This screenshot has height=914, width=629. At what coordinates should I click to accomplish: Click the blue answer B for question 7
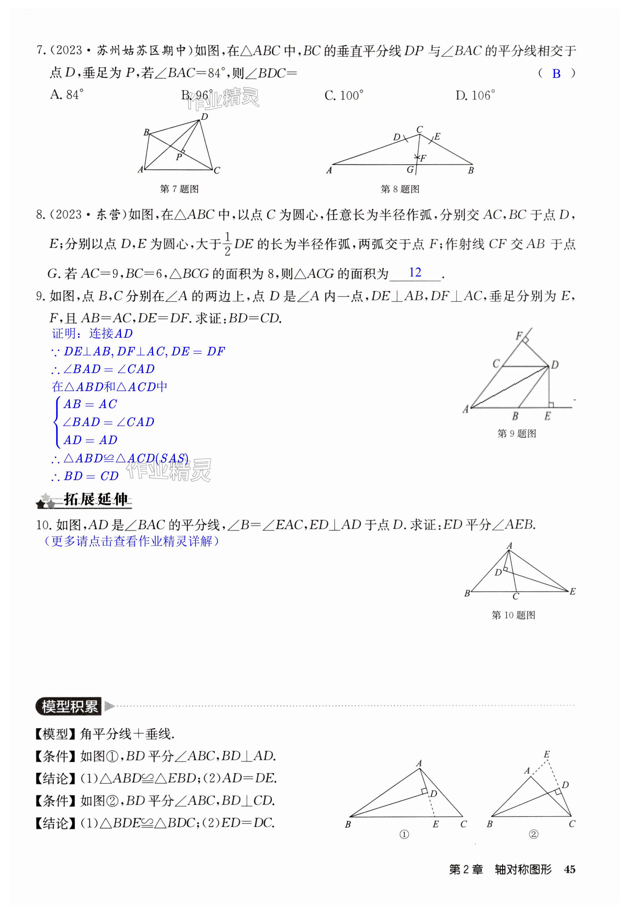click(556, 74)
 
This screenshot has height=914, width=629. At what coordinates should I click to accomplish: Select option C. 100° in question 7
click(344, 95)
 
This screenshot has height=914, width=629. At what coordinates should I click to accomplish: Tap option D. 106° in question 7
click(475, 95)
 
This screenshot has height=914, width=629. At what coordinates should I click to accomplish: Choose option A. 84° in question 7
click(67, 95)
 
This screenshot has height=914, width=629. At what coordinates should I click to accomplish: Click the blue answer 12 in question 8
click(415, 272)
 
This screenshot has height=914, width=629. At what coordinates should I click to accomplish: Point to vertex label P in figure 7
click(179, 157)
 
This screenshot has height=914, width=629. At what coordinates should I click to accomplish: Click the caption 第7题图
click(179, 189)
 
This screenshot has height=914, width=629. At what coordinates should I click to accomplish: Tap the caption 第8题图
click(400, 189)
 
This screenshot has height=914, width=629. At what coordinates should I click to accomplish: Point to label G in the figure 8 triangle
click(410, 170)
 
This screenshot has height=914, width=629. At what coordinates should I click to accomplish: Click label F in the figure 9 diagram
click(519, 336)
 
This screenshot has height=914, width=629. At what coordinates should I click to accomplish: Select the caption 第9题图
click(516, 434)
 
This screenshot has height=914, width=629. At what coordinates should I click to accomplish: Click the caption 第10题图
click(513, 615)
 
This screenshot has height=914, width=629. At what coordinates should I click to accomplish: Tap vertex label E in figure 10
click(572, 591)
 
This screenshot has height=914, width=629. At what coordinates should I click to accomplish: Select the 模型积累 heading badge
click(69, 706)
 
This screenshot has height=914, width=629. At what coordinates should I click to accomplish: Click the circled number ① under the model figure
click(404, 834)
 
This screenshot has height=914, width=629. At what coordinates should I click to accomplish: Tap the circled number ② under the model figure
click(533, 834)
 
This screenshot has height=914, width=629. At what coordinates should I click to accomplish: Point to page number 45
click(569, 869)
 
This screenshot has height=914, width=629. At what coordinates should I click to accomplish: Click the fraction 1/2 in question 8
click(227, 244)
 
